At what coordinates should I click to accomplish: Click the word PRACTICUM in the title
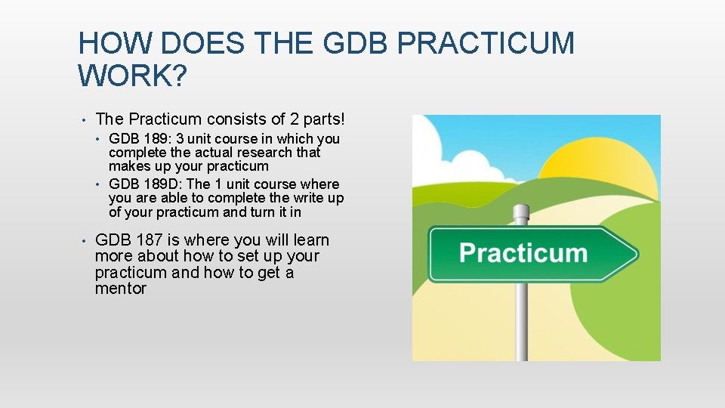point(485,43)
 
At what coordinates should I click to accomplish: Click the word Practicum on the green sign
point(523,252)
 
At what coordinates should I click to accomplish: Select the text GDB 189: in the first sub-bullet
point(137,139)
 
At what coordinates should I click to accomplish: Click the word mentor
point(121,289)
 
